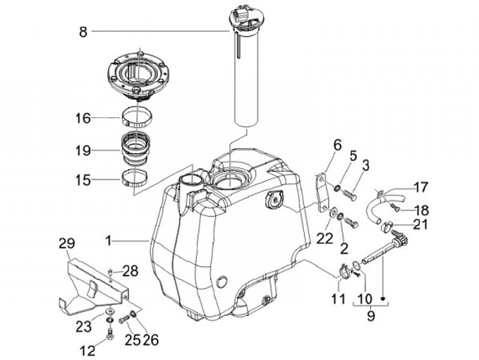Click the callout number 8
click(x=83, y=32)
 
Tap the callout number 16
click(x=83, y=118)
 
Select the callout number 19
click(x=83, y=150)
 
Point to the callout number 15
click(x=83, y=180)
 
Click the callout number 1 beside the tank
click(x=108, y=241)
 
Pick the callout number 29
click(x=67, y=244)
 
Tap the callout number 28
click(x=130, y=271)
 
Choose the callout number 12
click(x=88, y=351)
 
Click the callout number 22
click(x=325, y=238)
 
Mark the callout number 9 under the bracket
click(x=371, y=315)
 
